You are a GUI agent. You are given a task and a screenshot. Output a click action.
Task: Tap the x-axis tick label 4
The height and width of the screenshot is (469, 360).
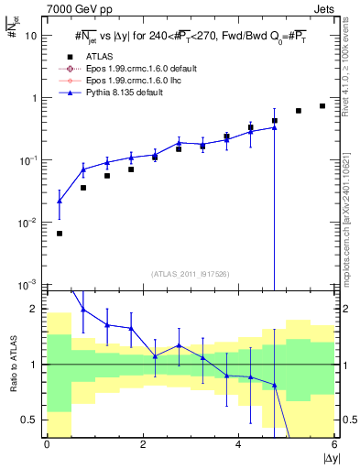[x=238, y=444]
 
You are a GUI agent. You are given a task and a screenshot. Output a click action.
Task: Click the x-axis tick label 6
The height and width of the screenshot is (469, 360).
[x=333, y=444]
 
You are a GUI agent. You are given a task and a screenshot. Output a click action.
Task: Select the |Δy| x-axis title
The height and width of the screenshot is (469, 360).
[x=326, y=458]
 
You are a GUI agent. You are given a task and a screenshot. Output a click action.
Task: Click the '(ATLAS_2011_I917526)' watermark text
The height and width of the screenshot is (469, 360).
[x=191, y=273]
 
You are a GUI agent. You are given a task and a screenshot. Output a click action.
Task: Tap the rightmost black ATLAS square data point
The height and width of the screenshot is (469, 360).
[x=322, y=106]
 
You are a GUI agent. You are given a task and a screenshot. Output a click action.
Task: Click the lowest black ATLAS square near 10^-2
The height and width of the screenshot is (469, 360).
[x=60, y=234]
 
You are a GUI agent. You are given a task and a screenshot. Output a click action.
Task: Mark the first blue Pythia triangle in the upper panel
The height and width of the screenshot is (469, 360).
[x=60, y=201]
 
